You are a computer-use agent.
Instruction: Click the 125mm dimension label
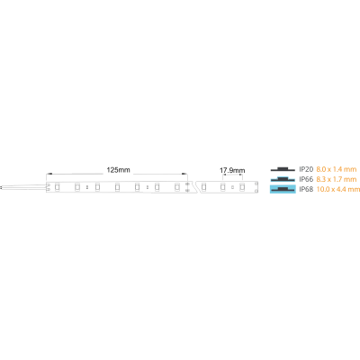(x=118, y=170)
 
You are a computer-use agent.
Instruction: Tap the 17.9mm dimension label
(x=232, y=171)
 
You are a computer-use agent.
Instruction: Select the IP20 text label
(x=306, y=169)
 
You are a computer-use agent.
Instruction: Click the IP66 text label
(x=306, y=179)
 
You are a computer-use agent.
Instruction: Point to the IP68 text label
(x=306, y=189)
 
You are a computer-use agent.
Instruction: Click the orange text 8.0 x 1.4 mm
(x=337, y=169)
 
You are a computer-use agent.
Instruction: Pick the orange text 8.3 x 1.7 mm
(x=337, y=179)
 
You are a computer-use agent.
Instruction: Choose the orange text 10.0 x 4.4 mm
(x=338, y=189)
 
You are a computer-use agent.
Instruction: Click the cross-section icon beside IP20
(x=283, y=169)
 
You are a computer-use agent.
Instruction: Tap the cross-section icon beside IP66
(x=283, y=179)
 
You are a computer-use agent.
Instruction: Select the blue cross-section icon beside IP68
(x=283, y=189)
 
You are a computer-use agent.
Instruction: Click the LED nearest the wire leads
(x=57, y=187)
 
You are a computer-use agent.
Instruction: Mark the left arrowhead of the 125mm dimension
(x=49, y=174)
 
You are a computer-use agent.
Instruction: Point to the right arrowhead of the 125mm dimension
(x=184, y=174)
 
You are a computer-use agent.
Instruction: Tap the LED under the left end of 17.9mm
(x=222, y=187)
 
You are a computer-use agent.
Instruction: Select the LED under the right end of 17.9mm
(x=242, y=187)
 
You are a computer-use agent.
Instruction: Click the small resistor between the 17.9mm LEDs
(x=232, y=187)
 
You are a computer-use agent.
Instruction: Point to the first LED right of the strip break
(x=203, y=187)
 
